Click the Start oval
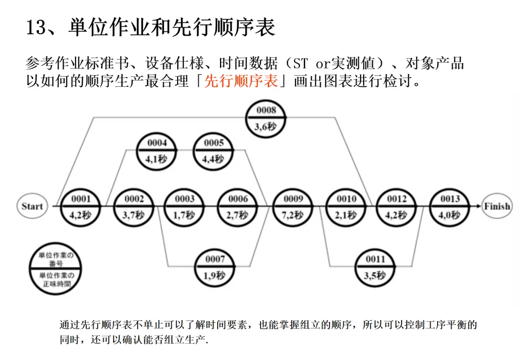pos(32,206)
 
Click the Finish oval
pos(497,206)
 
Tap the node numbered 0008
pos(266,118)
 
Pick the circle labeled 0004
pos(157,151)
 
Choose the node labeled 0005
pos(214,151)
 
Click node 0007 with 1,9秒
pos(215,267)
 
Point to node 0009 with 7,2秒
pos(293,207)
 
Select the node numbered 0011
pos(375,267)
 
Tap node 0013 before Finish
pos(450,207)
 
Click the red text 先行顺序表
pos(241,81)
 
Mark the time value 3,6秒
pos(266,127)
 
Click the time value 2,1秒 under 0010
pos(346,215)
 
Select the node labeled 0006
pos(238,207)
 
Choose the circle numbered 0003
pos(184,207)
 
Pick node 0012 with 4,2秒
pos(397,207)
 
